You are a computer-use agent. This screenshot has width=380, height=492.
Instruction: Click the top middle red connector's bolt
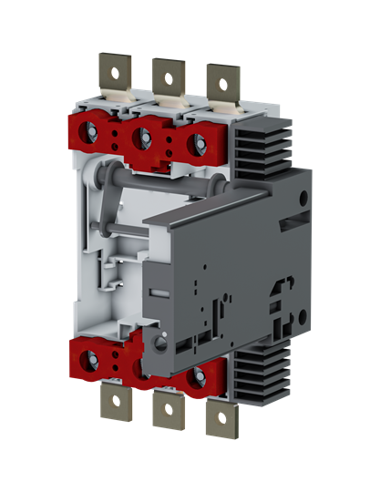coord(141,138)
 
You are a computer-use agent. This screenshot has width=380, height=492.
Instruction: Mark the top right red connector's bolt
coord(194,143)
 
